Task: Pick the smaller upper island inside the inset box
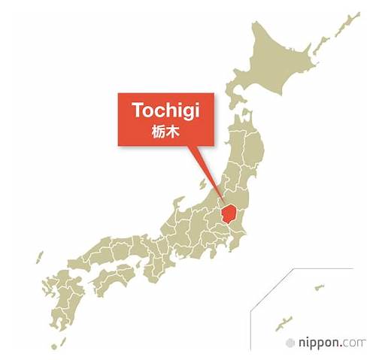pyautogui.click(x=319, y=287)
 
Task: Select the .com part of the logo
pyautogui.click(x=355, y=342)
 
